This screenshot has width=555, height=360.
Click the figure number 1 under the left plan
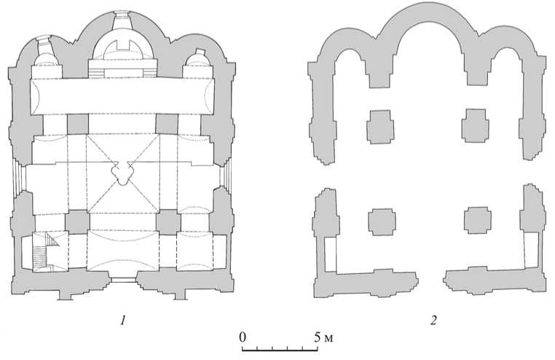click(x=123, y=321)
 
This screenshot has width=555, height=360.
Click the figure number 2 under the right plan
click(x=433, y=321)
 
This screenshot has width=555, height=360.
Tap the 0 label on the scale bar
click(x=243, y=337)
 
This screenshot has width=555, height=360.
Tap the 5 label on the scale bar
click(x=318, y=337)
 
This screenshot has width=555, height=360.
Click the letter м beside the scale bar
click(x=328, y=339)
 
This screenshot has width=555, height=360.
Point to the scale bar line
click(x=280, y=351)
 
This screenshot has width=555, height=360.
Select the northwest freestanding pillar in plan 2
click(x=380, y=127)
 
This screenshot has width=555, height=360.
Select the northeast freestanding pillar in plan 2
click(x=476, y=125)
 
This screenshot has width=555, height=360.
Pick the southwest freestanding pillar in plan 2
click(x=382, y=222)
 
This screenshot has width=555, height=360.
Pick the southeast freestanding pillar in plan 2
click(x=478, y=220)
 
